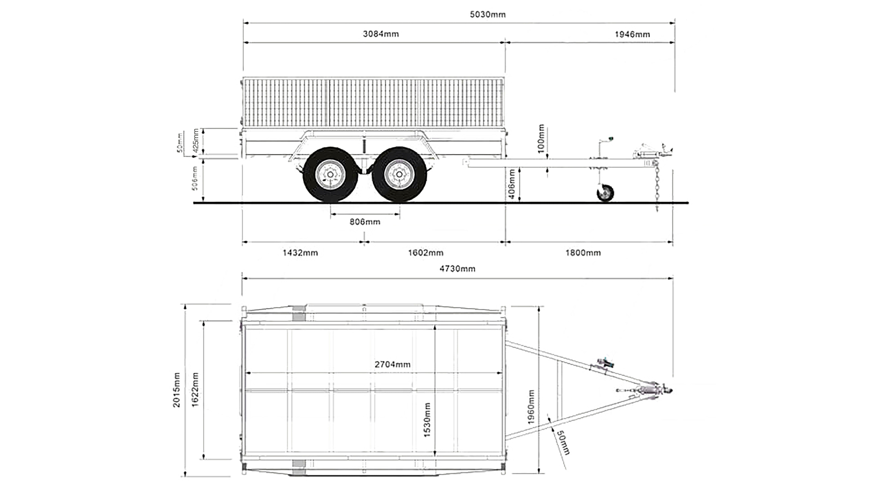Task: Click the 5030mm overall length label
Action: [487, 14]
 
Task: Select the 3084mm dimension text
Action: [380, 34]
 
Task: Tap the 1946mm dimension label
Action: [632, 34]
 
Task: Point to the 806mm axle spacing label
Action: [365, 222]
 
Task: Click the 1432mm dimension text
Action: [300, 253]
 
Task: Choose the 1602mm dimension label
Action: [425, 253]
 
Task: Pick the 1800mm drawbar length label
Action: [583, 253]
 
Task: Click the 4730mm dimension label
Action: [457, 269]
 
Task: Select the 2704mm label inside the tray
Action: [392, 365]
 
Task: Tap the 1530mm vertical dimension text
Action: [427, 420]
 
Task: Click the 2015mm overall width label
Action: [177, 390]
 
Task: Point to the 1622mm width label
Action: [195, 390]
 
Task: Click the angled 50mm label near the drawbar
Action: [562, 442]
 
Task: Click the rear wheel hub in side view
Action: [330, 175]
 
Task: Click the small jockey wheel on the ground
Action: [605, 192]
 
